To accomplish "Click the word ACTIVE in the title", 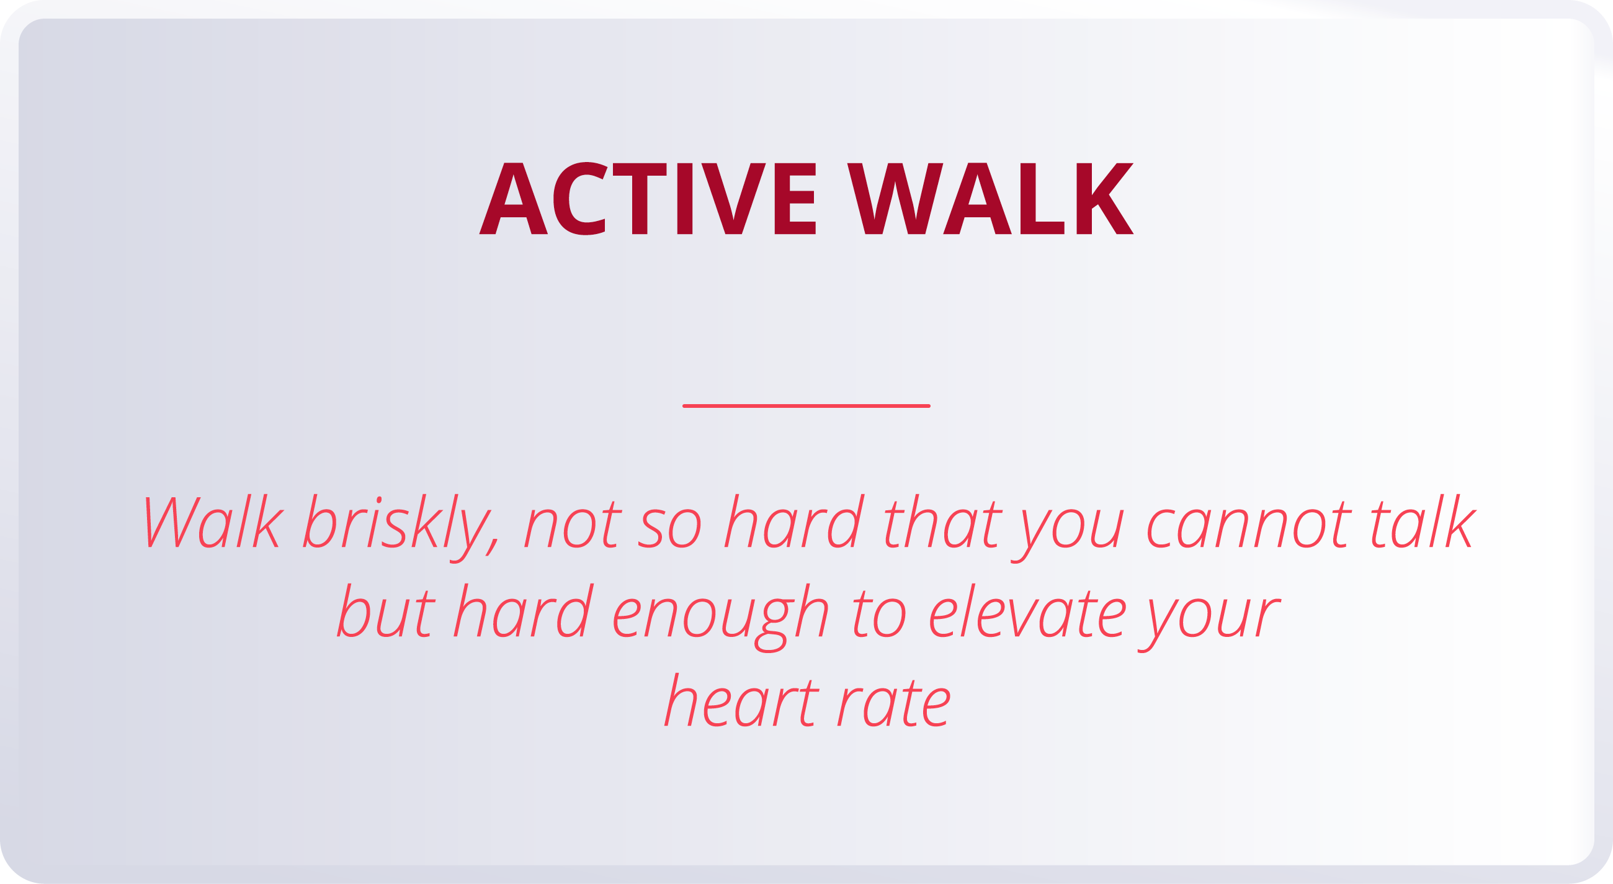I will [x=648, y=199].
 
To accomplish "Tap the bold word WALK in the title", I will [x=990, y=199].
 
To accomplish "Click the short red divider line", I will [x=806, y=406].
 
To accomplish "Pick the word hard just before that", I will [x=795, y=523].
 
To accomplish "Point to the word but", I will [x=386, y=611].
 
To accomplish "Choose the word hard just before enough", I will [x=524, y=611].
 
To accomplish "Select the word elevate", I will [x=1027, y=611].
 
